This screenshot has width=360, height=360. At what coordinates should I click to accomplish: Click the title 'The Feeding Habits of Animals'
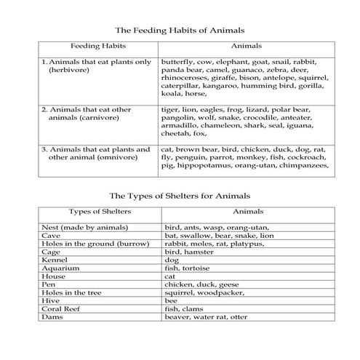click(180, 31)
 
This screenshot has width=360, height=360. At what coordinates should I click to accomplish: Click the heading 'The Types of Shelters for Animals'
click(180, 196)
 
